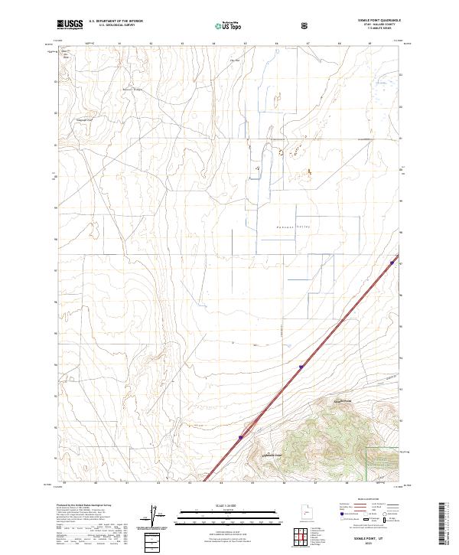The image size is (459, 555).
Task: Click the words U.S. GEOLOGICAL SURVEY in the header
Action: click(114, 27)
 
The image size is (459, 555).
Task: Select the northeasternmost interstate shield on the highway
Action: click(392, 263)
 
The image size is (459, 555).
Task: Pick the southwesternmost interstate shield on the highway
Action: click(240, 438)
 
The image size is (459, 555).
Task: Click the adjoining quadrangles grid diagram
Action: click(302, 537)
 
